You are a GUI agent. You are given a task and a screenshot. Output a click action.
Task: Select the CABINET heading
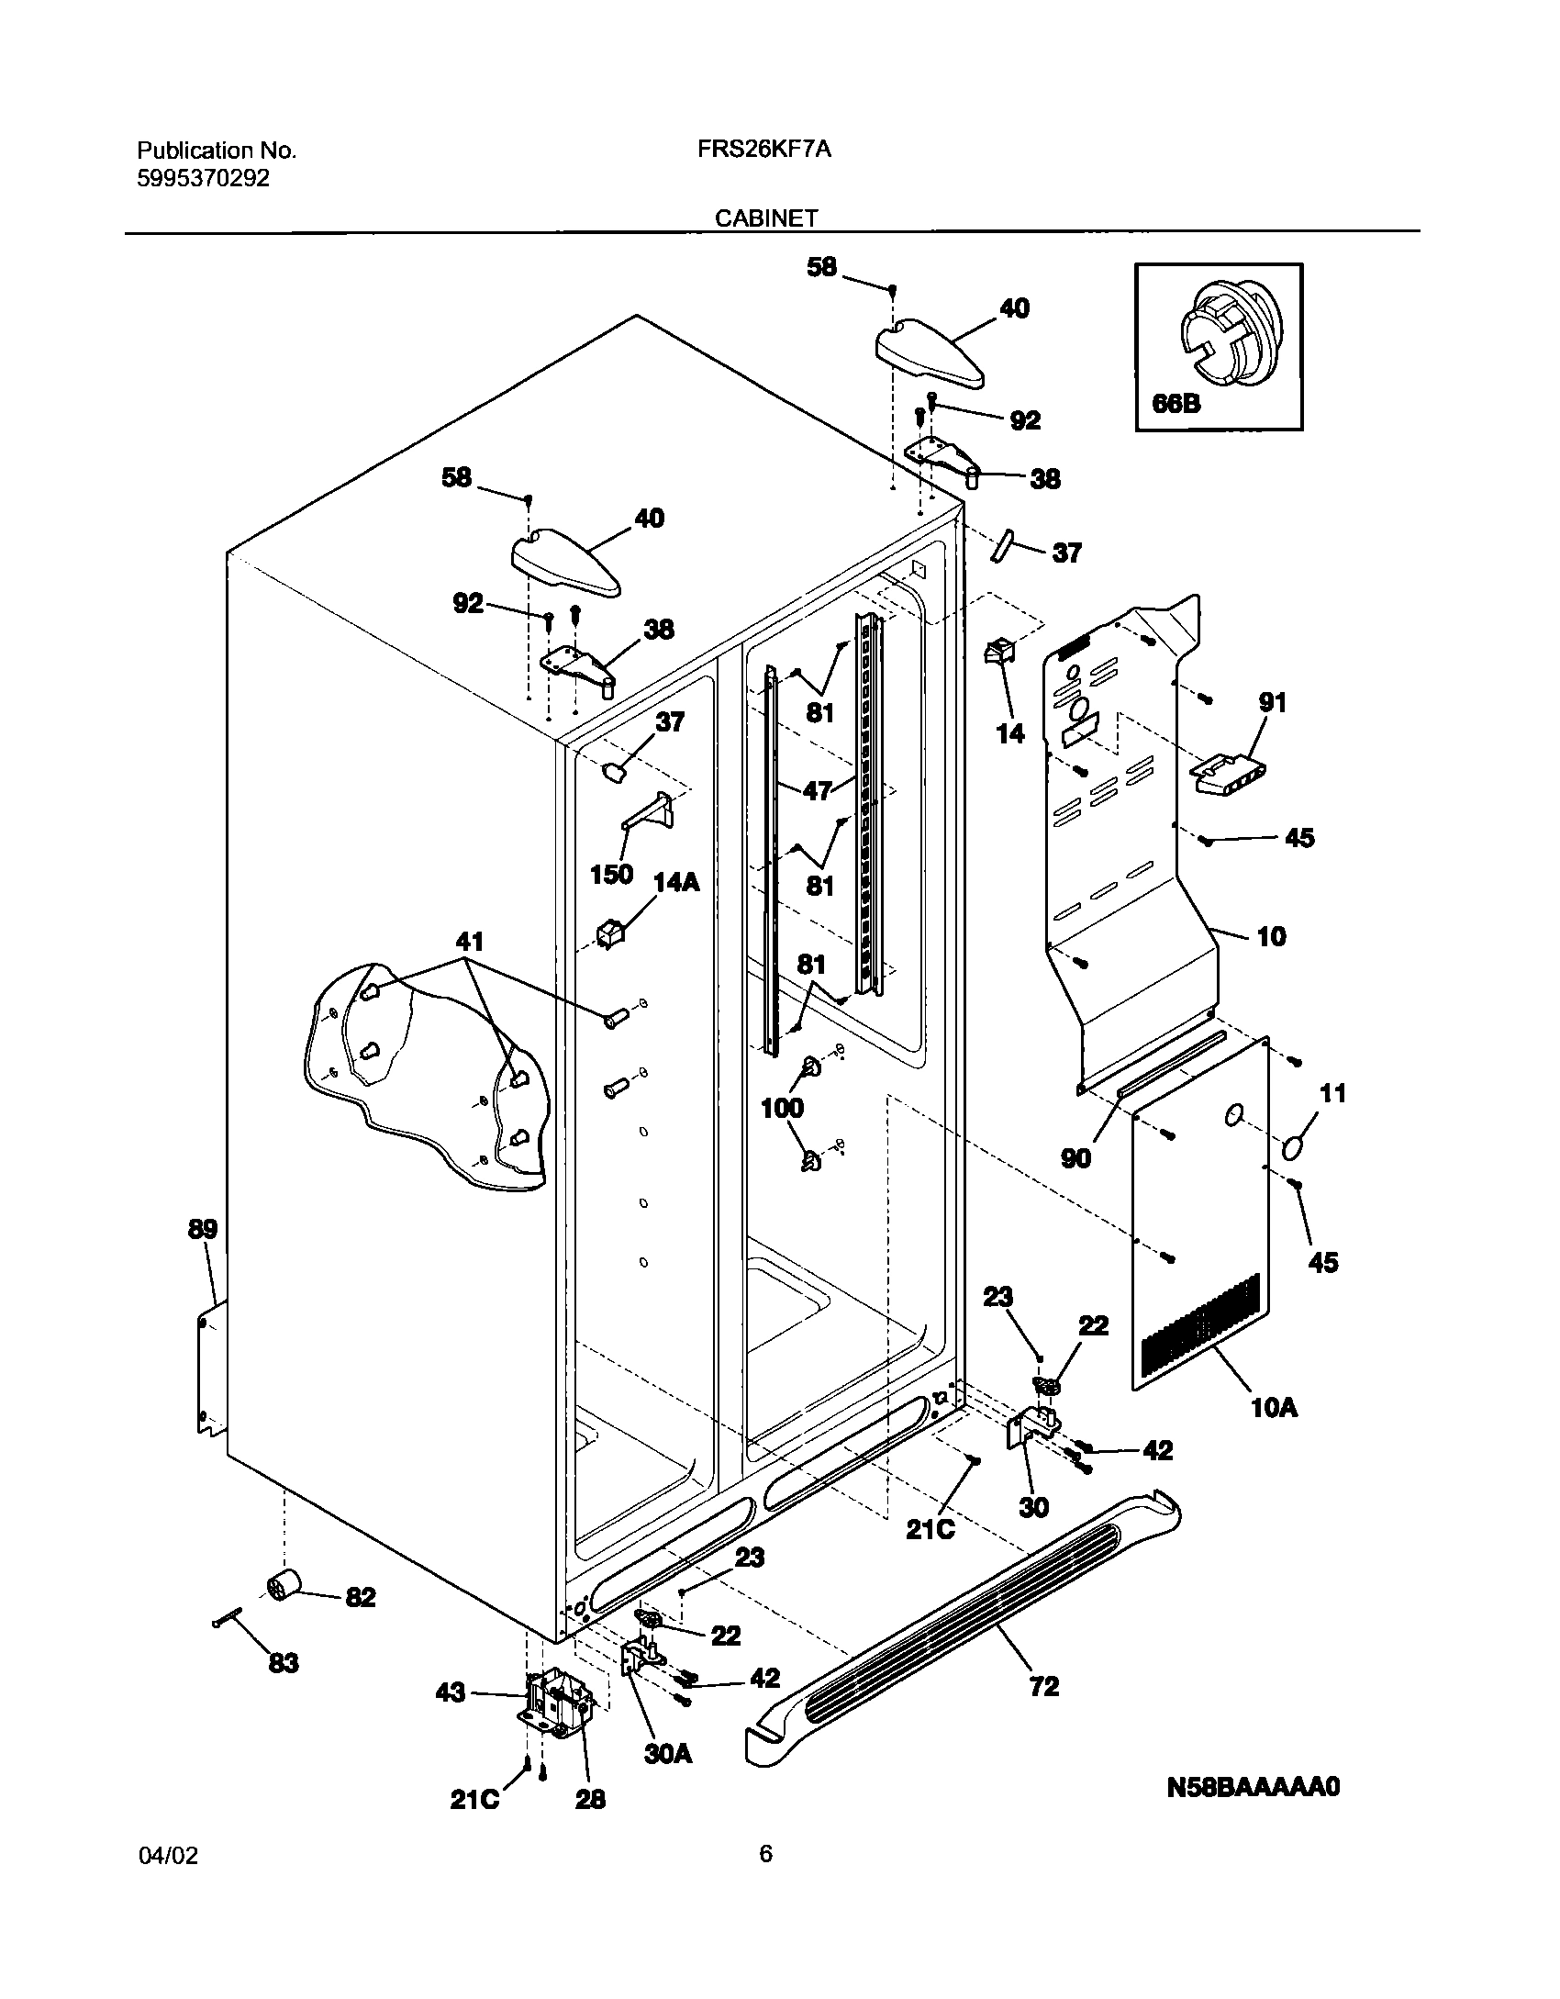click(x=766, y=218)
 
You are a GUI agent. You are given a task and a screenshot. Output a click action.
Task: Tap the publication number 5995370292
click(x=204, y=179)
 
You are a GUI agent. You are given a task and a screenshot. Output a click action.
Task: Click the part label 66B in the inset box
click(x=1176, y=403)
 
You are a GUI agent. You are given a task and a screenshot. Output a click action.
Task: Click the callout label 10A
click(x=1274, y=1407)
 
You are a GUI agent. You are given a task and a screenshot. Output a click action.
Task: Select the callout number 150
click(x=611, y=874)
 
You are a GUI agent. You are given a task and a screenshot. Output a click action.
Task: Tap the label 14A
click(x=676, y=883)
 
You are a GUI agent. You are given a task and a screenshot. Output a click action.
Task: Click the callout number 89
click(x=203, y=1229)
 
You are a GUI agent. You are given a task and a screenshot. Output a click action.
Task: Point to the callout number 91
click(x=1272, y=703)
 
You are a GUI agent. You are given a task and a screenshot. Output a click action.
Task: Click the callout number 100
click(x=782, y=1108)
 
